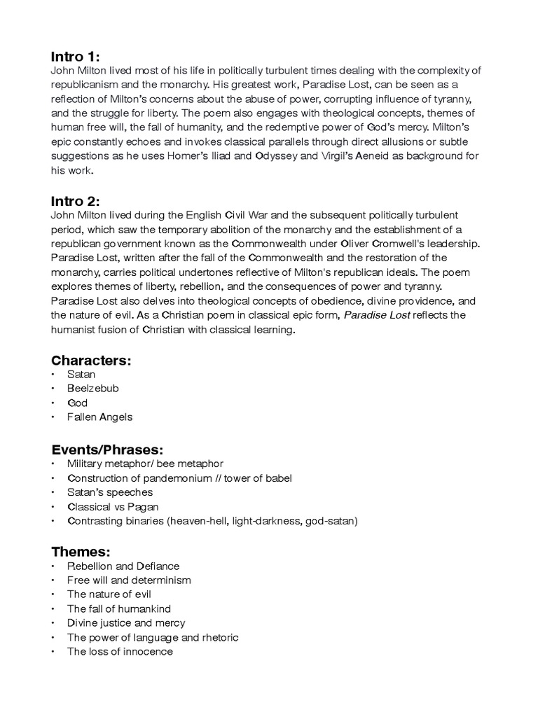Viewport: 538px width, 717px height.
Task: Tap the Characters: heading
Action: click(x=91, y=361)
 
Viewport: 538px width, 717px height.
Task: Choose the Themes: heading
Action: click(x=81, y=552)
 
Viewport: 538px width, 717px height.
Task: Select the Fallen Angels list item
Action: click(x=99, y=417)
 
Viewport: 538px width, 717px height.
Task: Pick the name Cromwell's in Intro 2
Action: click(x=402, y=244)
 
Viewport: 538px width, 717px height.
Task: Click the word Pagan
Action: click(x=143, y=507)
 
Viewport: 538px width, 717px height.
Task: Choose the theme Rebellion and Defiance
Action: click(x=123, y=566)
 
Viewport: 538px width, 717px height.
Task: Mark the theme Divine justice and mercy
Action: click(x=126, y=623)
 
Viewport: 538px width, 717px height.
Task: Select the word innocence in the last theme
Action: click(x=149, y=652)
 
